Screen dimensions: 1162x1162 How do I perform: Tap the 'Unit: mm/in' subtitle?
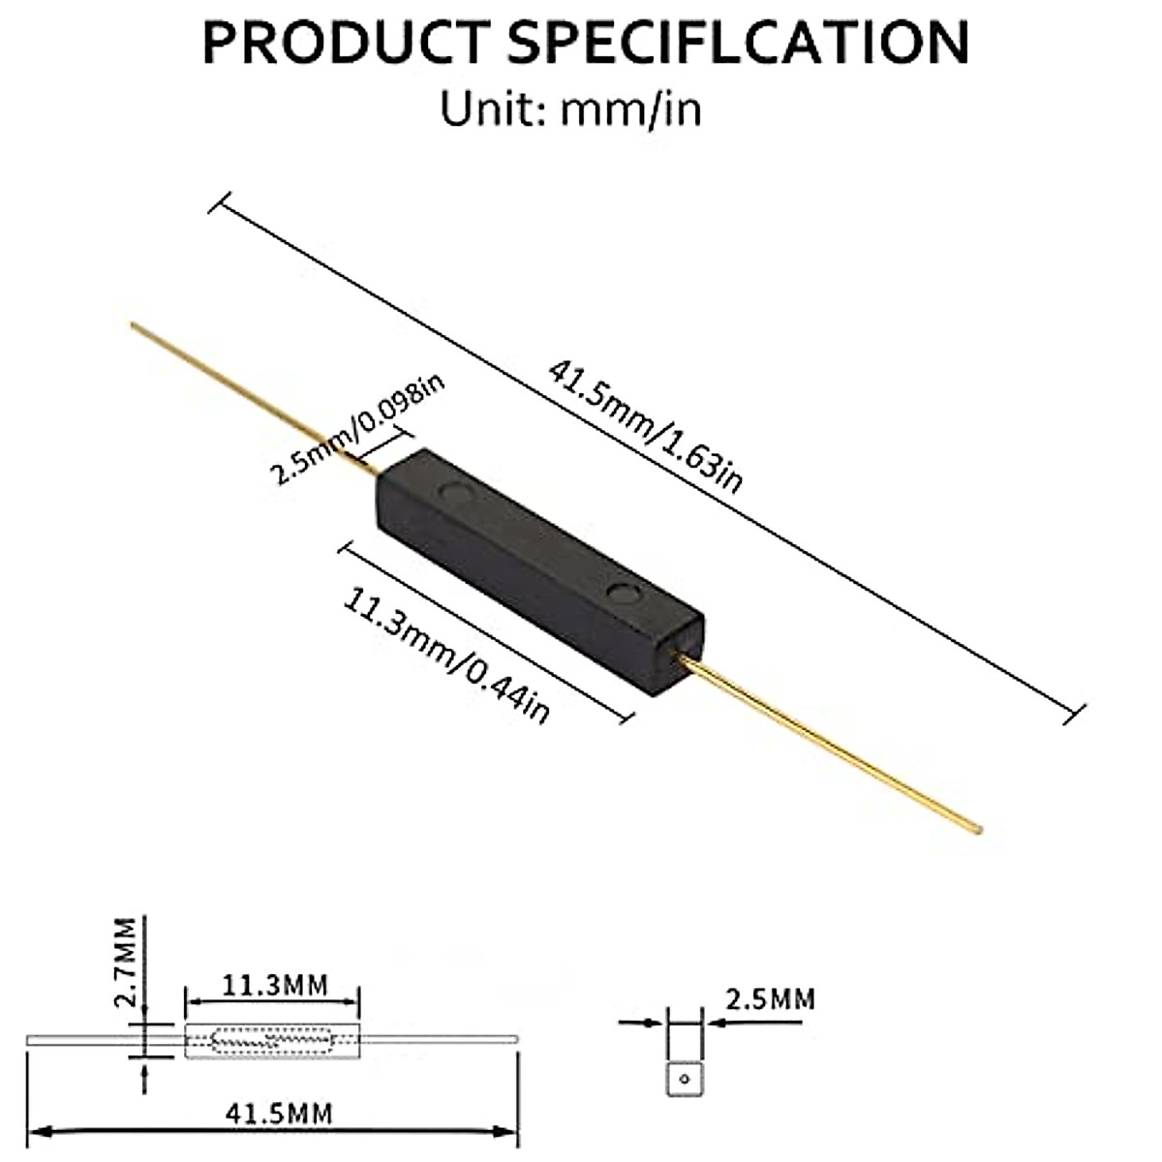pyautogui.click(x=570, y=108)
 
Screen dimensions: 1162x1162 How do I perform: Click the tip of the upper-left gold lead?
pyautogui.click(x=134, y=326)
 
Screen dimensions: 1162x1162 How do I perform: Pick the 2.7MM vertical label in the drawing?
pyautogui.click(x=123, y=963)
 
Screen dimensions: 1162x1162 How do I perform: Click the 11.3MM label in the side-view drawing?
pyautogui.click(x=275, y=987)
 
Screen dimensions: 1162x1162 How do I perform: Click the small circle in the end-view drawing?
pyautogui.click(x=685, y=1078)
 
